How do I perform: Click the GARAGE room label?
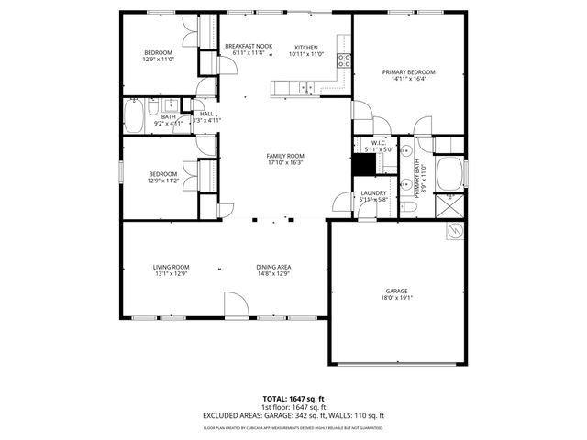click(396, 291)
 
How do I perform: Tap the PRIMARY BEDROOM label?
click(408, 71)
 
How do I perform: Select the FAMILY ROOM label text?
click(285, 156)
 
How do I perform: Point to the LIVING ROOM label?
click(171, 267)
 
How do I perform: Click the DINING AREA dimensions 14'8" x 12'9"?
click(272, 273)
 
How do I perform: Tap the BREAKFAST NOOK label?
click(249, 46)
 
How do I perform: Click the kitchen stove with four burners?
click(345, 61)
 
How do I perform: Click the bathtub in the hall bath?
click(134, 116)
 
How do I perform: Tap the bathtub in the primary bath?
click(449, 173)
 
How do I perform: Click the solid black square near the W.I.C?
click(365, 164)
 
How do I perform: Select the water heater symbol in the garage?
click(453, 233)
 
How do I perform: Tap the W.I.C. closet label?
click(378, 143)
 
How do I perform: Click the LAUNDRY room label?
click(373, 192)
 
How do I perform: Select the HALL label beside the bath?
click(206, 114)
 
